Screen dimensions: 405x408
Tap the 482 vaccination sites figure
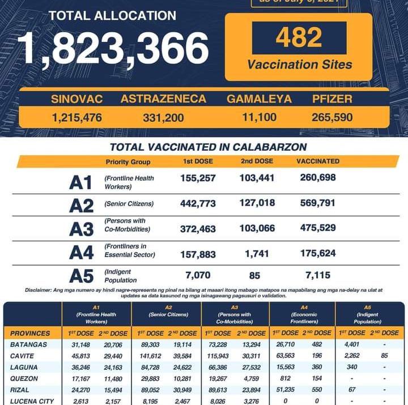pos(299,38)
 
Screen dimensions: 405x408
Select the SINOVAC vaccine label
pos(76,99)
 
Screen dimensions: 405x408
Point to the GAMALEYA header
pos(259,99)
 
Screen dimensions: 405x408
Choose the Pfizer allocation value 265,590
pos(332,118)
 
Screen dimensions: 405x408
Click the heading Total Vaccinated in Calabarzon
pos(208,147)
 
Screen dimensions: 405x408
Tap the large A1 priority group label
pos(80,183)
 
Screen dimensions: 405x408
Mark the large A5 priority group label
pos(81,276)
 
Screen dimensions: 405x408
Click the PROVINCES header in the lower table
pos(31,333)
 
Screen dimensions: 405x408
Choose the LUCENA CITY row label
pos(32,401)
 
